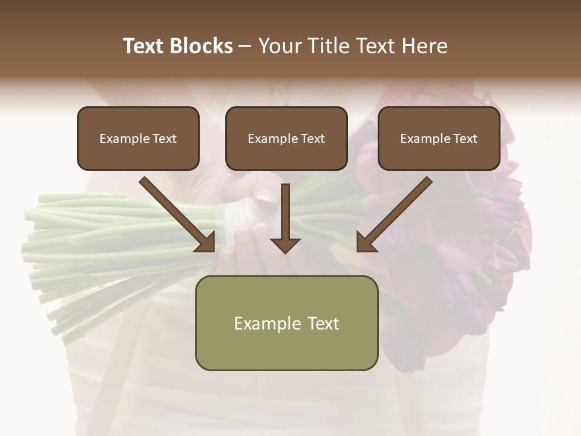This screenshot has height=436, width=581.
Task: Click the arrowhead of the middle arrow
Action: (x=285, y=245)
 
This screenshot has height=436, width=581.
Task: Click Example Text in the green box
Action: (x=286, y=323)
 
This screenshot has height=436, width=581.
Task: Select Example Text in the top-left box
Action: (x=138, y=139)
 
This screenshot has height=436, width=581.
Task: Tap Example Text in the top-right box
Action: (x=439, y=139)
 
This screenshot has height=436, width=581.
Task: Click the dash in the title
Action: (x=246, y=46)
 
